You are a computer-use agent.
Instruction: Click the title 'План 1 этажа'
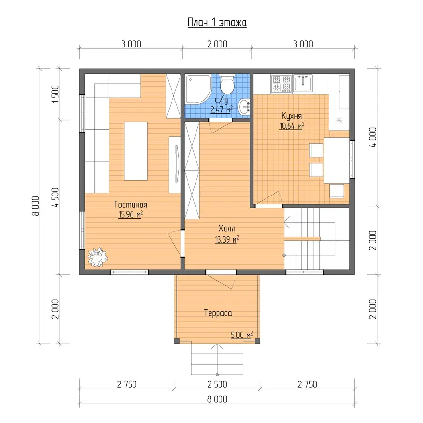tap(217, 23)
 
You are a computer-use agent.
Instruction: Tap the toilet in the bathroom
tap(227, 84)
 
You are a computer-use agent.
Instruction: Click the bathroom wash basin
tap(244, 107)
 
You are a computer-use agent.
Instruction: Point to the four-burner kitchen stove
tap(282, 83)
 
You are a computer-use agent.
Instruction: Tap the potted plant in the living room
tap(97, 257)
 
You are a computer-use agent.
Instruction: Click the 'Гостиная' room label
tap(131, 204)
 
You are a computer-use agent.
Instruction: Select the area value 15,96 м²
tap(131, 215)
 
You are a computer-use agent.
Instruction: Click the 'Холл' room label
tap(227, 228)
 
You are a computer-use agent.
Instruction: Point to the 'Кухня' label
tap(291, 116)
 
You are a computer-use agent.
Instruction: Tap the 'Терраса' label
tap(218, 313)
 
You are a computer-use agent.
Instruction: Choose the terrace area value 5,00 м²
tap(242, 335)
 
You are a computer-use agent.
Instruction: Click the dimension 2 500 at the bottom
tap(217, 384)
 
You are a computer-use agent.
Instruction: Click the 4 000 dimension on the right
tap(373, 137)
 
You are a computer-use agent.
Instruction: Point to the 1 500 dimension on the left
tap(55, 94)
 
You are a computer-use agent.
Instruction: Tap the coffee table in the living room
tap(135, 151)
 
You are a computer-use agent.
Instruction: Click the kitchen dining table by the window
tap(337, 161)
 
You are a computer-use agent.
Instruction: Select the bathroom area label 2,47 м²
tap(221, 110)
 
